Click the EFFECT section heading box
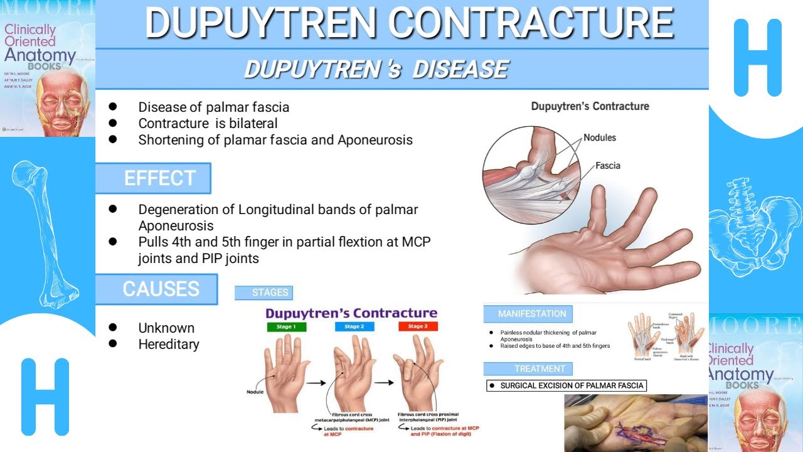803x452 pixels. pyautogui.click(x=152, y=178)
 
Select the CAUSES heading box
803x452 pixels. pyautogui.click(x=156, y=289)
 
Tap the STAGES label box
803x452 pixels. pyautogui.click(x=263, y=293)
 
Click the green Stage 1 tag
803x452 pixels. pyautogui.click(x=286, y=326)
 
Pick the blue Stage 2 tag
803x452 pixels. pyautogui.click(x=354, y=326)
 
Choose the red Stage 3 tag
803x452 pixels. pyautogui.click(x=418, y=326)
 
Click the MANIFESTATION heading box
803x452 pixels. pyautogui.click(x=528, y=314)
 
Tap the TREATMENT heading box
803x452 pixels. pyautogui.click(x=528, y=369)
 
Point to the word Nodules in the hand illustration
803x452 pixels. pyautogui.click(x=600, y=137)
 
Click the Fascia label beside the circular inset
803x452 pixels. pyautogui.click(x=607, y=166)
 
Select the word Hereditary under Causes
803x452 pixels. pyautogui.click(x=169, y=344)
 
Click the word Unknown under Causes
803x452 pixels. pyautogui.click(x=166, y=328)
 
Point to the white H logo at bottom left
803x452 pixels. pyautogui.click(x=45, y=397)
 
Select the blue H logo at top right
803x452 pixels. pyautogui.click(x=757, y=58)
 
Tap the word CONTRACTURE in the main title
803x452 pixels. pyautogui.click(x=531, y=24)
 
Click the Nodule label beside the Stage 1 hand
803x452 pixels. pyautogui.click(x=255, y=392)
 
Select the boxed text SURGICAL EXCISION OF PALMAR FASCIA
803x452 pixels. pyautogui.click(x=566, y=385)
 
